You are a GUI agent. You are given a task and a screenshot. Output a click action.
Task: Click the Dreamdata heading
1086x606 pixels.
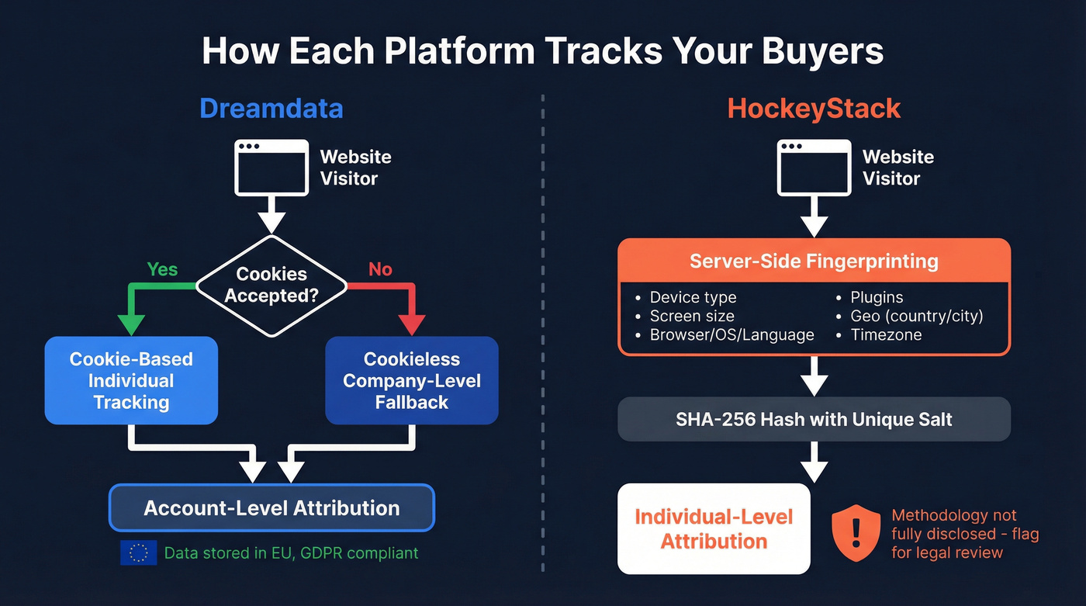(271, 108)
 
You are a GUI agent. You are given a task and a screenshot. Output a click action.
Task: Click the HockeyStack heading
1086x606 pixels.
(814, 108)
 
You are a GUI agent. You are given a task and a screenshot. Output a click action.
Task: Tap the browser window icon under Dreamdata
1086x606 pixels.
(271, 167)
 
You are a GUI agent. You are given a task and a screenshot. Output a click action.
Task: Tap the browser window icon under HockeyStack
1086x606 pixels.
(814, 167)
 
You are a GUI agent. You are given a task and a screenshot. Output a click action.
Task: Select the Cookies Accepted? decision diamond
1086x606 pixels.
(271, 286)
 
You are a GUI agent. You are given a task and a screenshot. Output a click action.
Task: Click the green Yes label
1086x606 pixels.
(162, 269)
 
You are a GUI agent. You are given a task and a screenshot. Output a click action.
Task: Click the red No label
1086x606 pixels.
(380, 269)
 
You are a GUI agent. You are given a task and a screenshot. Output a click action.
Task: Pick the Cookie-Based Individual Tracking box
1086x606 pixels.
(131, 380)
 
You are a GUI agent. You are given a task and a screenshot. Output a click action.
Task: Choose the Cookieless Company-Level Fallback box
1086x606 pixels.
(411, 380)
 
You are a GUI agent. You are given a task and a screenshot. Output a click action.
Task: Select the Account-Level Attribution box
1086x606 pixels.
(271, 508)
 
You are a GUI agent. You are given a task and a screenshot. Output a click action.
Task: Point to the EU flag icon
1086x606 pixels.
(139, 552)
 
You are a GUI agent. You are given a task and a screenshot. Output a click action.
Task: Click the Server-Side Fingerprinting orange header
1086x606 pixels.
(814, 261)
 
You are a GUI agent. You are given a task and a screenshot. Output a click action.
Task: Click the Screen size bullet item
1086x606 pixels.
(691, 316)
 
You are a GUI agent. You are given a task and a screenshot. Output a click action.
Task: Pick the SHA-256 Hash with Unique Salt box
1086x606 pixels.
(814, 420)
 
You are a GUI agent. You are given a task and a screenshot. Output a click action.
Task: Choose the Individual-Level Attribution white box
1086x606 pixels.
(714, 528)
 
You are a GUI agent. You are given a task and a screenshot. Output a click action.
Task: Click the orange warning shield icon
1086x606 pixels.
(856, 533)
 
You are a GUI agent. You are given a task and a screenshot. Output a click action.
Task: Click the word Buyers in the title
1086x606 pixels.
(821, 52)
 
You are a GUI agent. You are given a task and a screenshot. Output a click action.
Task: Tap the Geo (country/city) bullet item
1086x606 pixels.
(916, 316)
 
